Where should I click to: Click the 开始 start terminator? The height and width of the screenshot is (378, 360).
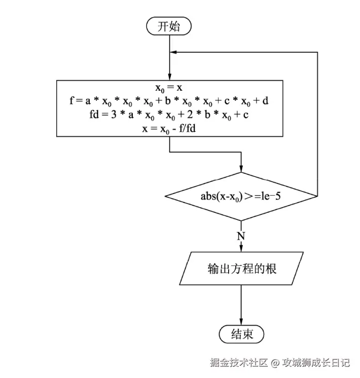pos(169,26)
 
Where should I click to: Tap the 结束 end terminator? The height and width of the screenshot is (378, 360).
pos(241,334)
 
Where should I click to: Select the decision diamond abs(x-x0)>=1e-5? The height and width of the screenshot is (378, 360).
pos(241,196)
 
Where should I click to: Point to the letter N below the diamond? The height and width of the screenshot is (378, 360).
pos(241,236)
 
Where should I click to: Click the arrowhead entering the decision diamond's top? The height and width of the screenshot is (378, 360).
pos(241,168)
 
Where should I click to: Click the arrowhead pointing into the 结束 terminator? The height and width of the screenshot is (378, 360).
pos(241,321)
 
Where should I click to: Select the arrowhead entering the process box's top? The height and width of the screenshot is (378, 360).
pos(169,76)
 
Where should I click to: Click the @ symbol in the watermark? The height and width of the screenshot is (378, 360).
pos(275,363)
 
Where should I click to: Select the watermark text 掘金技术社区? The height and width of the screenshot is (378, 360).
pos(239,363)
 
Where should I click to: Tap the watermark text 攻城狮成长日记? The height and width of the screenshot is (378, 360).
pos(316,363)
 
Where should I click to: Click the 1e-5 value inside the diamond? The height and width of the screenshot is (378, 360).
pos(269,196)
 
